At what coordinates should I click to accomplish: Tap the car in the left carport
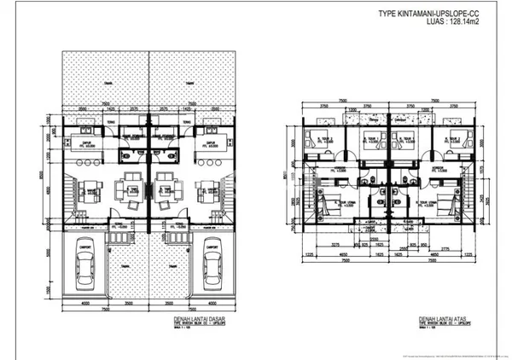click(x=85, y=264)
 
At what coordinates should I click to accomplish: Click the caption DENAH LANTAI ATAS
click(x=443, y=322)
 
